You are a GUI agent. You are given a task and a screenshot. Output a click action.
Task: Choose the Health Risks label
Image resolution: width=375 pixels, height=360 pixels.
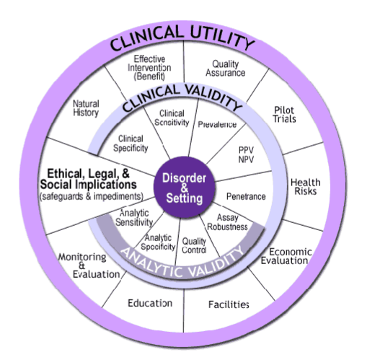(x=304, y=187)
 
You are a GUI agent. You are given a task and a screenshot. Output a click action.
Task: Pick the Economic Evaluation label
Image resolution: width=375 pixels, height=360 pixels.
(x=288, y=256)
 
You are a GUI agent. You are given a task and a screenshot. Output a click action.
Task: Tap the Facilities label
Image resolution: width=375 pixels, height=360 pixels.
(x=229, y=304)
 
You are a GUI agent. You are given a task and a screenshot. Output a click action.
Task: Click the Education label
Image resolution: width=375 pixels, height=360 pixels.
(x=149, y=303)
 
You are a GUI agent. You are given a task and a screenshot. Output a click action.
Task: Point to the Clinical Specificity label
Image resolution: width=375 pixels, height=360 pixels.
(x=130, y=143)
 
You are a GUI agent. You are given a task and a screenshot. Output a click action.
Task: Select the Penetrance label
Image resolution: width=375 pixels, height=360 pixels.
(x=246, y=196)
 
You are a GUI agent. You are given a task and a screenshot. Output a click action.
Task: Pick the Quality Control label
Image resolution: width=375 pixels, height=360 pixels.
(x=195, y=245)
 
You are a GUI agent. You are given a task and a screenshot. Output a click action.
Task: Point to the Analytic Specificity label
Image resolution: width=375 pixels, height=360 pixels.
(x=161, y=242)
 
